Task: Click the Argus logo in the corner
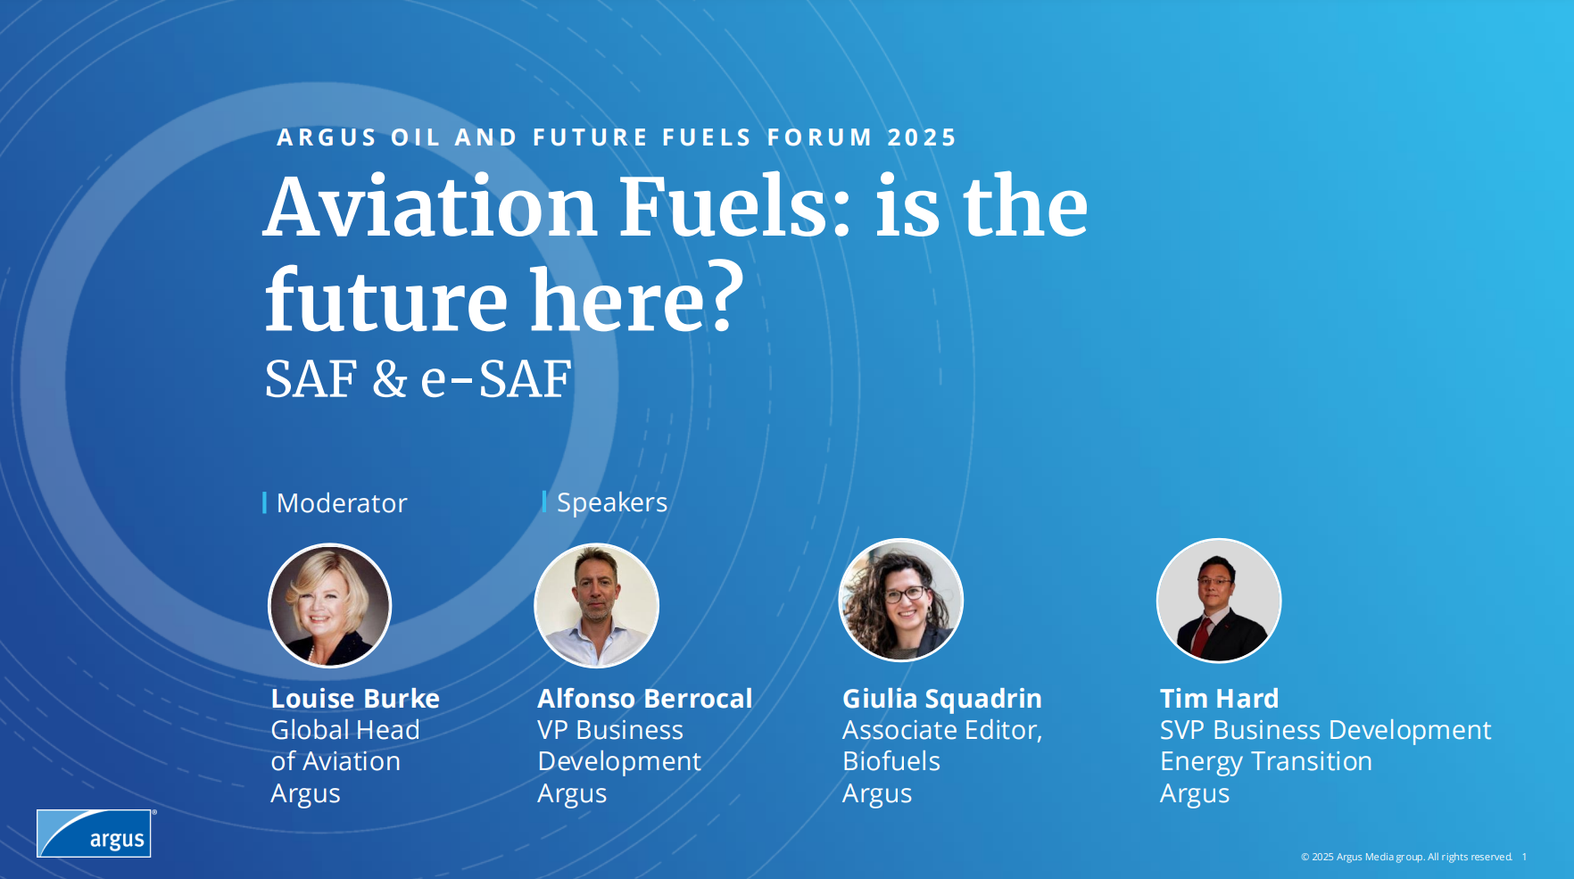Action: (x=95, y=833)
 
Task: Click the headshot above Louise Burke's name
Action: (x=330, y=606)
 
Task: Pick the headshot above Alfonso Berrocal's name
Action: (x=596, y=606)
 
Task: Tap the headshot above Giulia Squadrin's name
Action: (x=901, y=601)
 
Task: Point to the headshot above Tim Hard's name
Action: (x=1219, y=601)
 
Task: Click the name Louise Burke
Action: (x=355, y=698)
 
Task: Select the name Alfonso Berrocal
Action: (x=645, y=698)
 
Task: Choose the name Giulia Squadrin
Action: (x=942, y=698)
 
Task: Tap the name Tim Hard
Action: (x=1220, y=698)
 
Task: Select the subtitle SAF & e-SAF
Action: (x=418, y=378)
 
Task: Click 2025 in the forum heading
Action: (x=922, y=137)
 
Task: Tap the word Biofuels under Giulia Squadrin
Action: (x=891, y=761)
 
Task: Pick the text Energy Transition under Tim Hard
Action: (x=1266, y=762)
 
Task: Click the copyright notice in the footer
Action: (x=1406, y=857)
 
